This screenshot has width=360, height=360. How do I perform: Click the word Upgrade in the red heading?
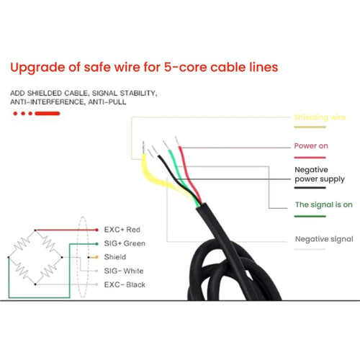37,68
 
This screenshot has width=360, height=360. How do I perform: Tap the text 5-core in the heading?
186,67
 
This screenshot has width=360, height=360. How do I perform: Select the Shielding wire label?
320,117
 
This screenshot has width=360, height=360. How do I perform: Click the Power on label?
311,145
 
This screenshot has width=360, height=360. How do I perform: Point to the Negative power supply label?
320,174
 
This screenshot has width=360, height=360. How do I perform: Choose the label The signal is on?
324,204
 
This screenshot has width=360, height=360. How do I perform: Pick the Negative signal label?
324,239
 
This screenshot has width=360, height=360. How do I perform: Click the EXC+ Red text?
122,230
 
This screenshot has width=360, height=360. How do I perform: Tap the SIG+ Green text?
125,243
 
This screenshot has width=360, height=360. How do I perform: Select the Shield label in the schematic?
115,257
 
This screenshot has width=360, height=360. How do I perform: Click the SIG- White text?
124,271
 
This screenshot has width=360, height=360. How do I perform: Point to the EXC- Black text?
125,284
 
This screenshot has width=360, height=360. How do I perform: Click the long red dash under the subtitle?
48,114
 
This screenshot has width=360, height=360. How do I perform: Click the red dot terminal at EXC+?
96,230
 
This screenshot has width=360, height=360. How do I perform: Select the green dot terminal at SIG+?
96,244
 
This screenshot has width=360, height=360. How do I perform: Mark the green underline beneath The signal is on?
310,216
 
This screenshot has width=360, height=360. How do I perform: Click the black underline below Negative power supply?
310,188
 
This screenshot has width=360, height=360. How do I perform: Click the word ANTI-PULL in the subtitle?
107,102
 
